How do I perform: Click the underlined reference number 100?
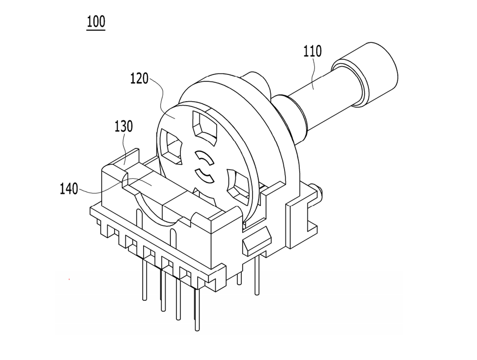[x=96, y=21]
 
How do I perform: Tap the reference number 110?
[x=312, y=51]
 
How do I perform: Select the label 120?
[x=139, y=78]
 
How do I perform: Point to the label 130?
[x=124, y=126]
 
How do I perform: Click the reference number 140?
[x=69, y=189]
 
